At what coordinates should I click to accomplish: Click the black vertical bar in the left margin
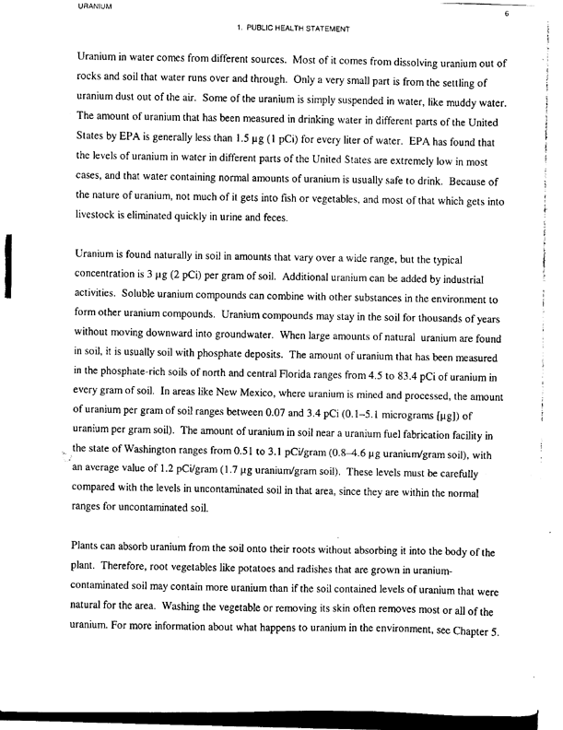(7, 267)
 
